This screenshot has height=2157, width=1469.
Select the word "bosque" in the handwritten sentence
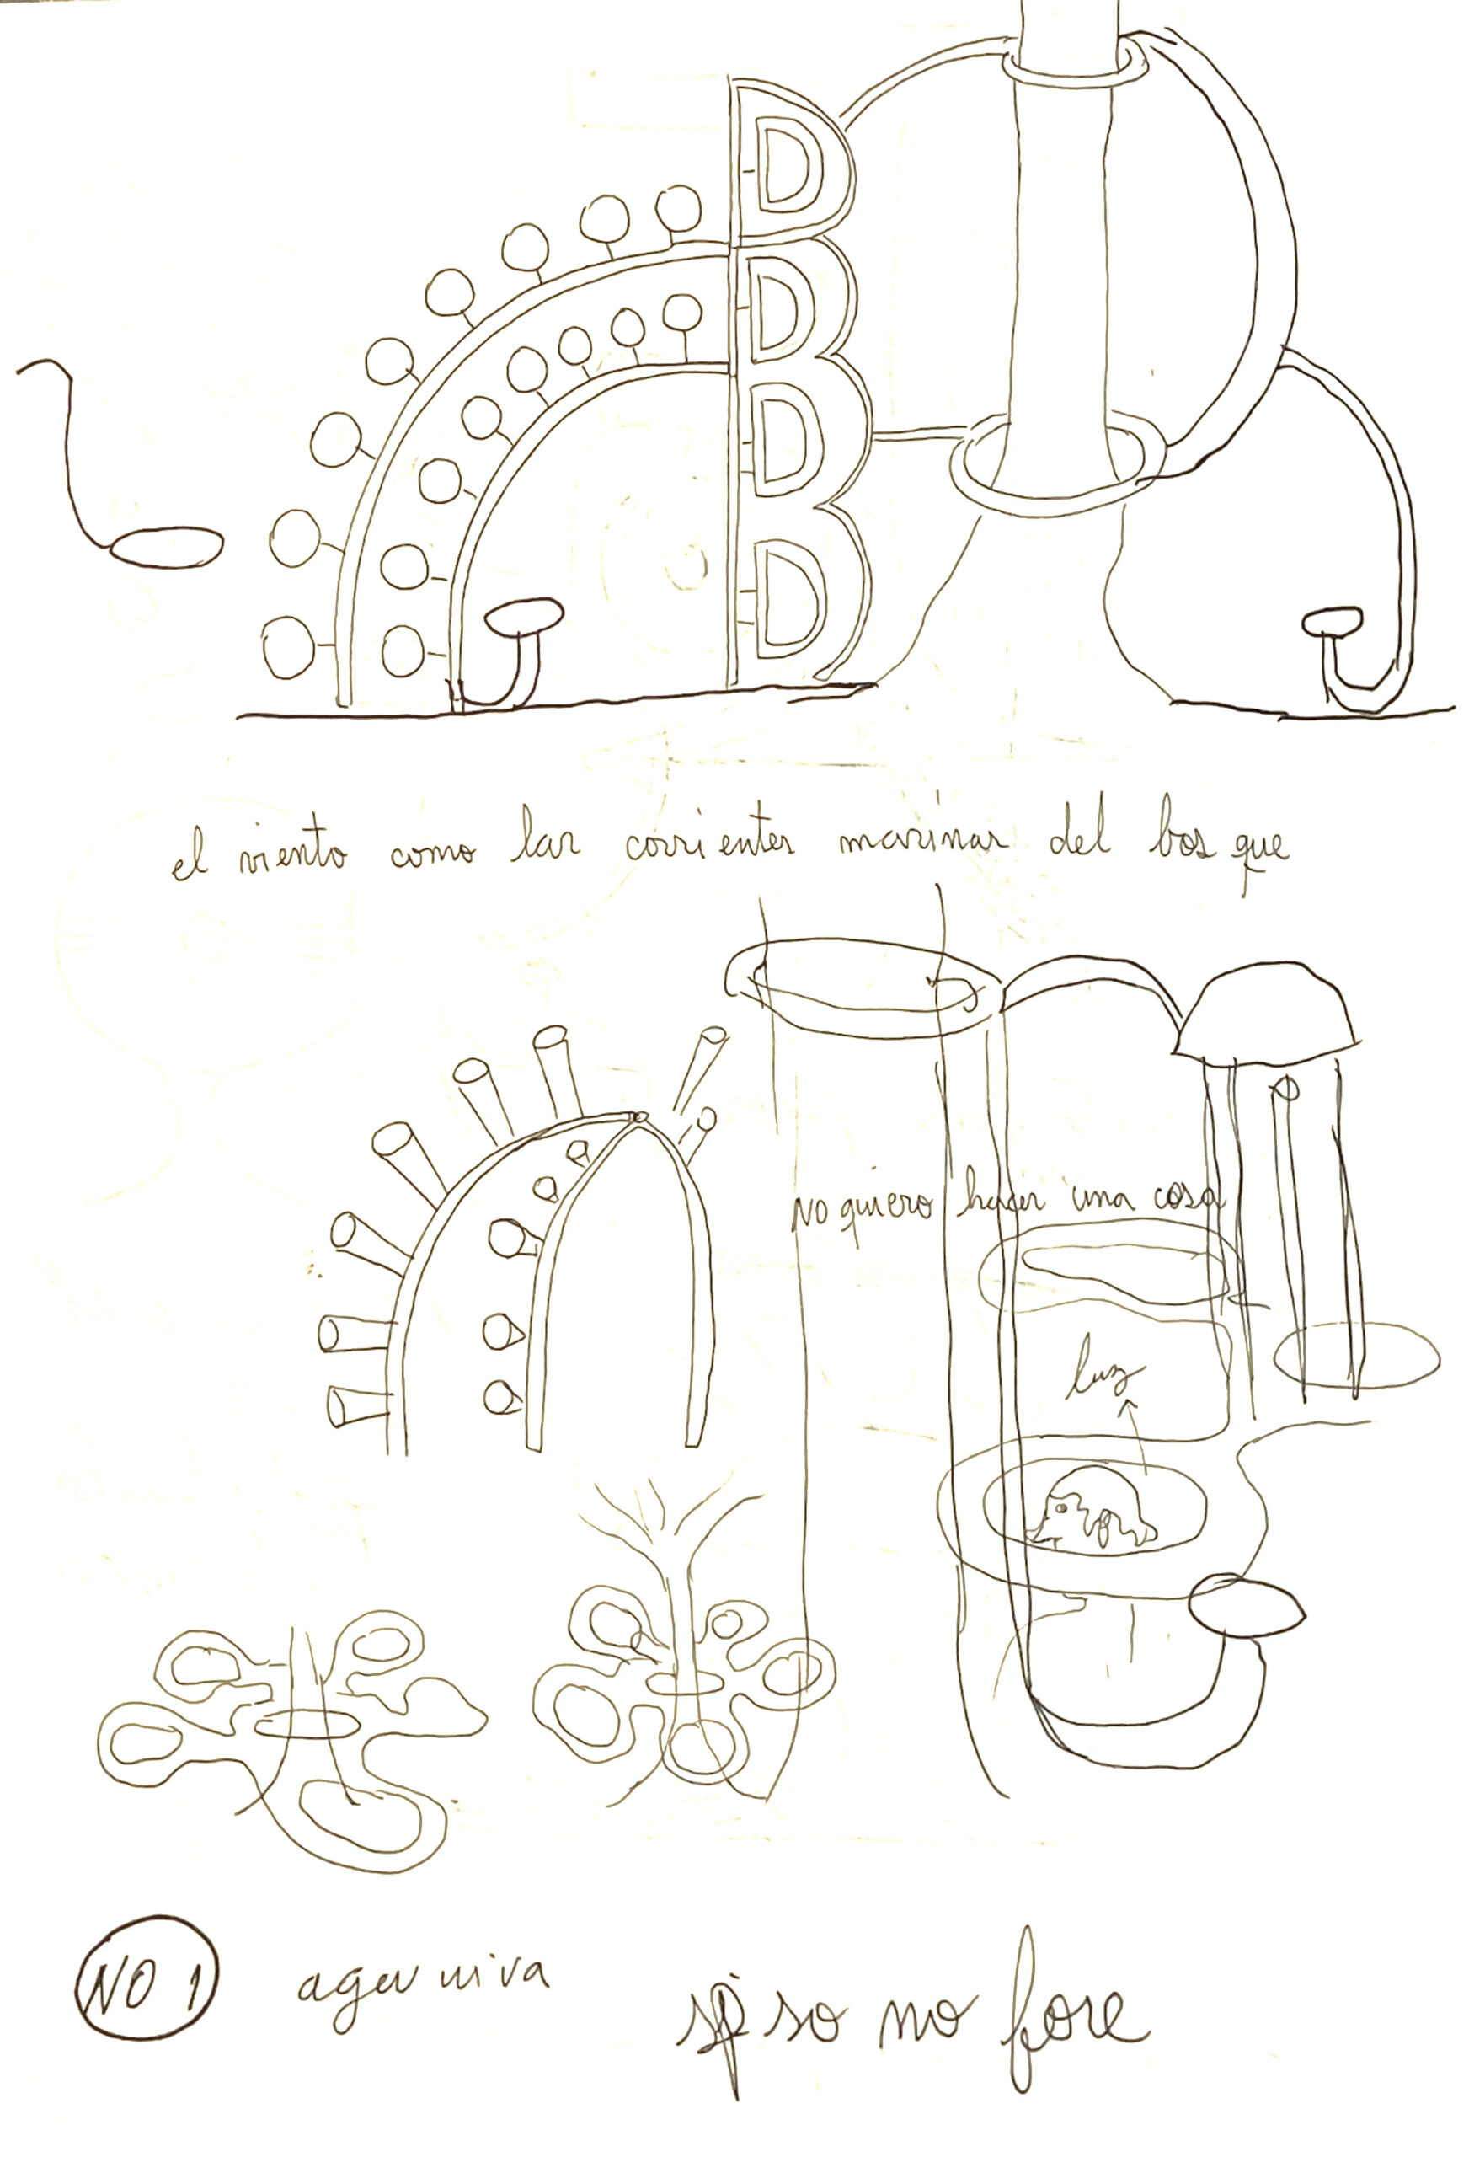[x=1215, y=852]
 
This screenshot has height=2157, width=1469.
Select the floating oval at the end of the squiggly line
[x=166, y=547]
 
